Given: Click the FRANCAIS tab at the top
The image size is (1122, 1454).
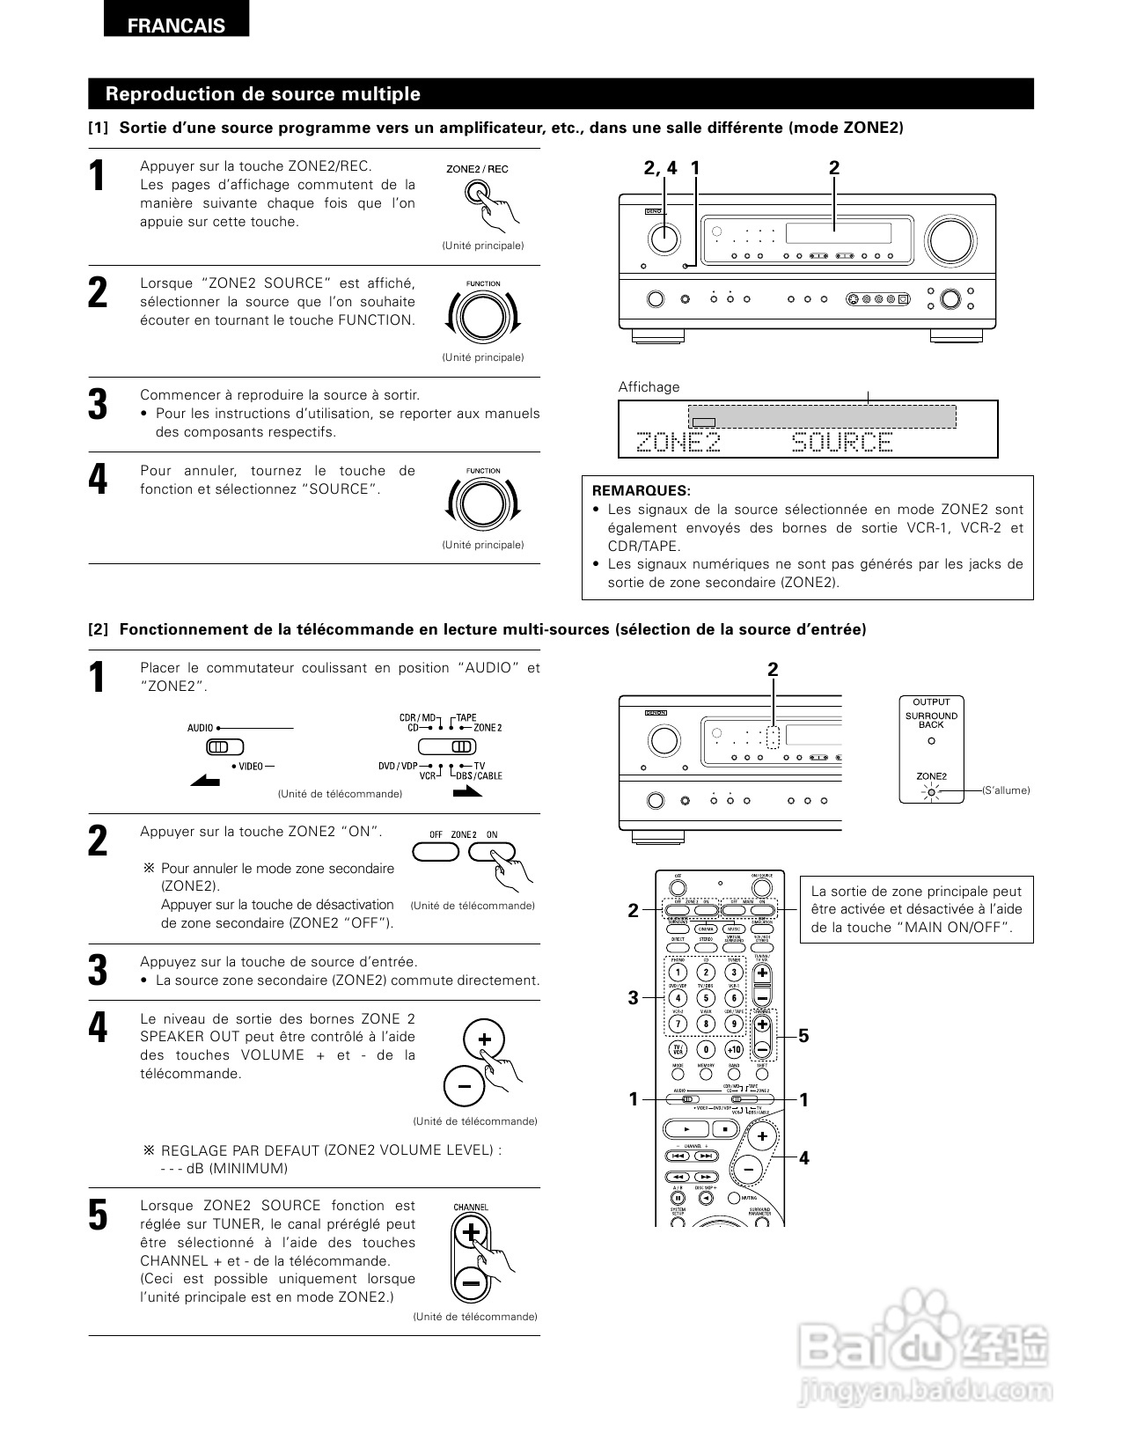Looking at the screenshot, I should click(176, 26).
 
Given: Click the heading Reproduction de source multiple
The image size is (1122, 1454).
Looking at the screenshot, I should click(262, 94).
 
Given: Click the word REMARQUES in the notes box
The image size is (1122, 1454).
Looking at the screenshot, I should click(641, 490).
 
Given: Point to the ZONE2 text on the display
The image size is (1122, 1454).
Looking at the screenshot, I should click(678, 442).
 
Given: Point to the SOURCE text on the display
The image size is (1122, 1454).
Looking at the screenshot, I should click(842, 442).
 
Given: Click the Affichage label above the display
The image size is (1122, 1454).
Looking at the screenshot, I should click(649, 387).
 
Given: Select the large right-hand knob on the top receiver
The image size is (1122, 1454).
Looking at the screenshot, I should click(951, 239).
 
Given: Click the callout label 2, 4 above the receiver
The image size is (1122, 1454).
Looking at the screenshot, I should click(660, 168).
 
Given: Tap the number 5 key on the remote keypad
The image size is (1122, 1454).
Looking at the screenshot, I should click(706, 998).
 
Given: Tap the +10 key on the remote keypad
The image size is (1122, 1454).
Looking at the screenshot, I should click(733, 1049).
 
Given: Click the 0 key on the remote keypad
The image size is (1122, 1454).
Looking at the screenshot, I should click(706, 1049).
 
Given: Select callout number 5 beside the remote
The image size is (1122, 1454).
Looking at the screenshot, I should click(803, 1036).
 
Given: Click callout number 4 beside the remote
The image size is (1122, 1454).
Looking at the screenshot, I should click(803, 1158).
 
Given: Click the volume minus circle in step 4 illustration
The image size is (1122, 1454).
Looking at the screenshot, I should click(464, 1085).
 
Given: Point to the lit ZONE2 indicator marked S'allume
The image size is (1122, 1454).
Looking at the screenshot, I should click(931, 792).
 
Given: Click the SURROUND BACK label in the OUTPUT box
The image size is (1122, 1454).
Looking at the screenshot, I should click(931, 720).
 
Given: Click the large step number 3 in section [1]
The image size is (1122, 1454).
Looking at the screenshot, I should click(98, 404).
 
